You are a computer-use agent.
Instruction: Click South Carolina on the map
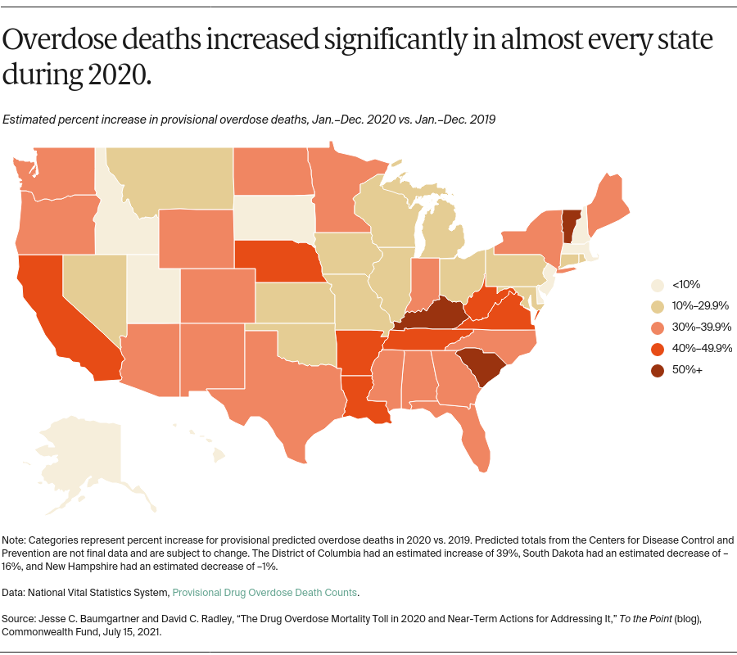pos(477,366)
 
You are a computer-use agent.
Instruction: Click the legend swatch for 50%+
pos(656,370)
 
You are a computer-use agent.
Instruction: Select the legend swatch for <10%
pos(656,285)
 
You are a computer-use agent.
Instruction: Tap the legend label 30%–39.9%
pos(701,327)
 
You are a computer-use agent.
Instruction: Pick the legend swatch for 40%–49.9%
pos(656,349)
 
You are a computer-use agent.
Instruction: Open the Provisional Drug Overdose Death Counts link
pos(265,592)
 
